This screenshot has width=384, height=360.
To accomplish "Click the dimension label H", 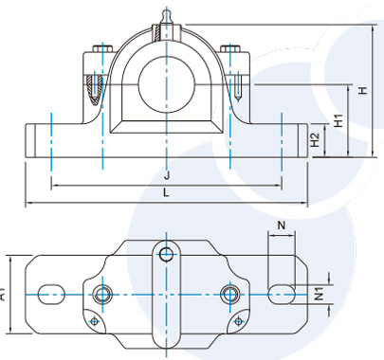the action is pyautogui.click(x=363, y=90).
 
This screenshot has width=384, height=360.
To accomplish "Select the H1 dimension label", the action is pyautogui.click(x=338, y=120).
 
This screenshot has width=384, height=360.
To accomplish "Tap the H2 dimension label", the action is pyautogui.click(x=315, y=140).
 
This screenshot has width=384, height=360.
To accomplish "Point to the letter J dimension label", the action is pyautogui.click(x=167, y=175).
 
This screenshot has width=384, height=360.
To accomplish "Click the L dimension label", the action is pyautogui.click(x=166, y=193).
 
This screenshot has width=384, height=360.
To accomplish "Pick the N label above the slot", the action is pyautogui.click(x=282, y=225).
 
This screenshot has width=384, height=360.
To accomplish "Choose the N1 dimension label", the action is pyautogui.click(x=320, y=294).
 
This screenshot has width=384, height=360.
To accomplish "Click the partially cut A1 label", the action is pyautogui.click(x=3, y=296).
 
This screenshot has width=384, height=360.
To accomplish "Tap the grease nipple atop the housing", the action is pyautogui.click(x=166, y=18).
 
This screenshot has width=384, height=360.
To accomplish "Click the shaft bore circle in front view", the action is pyautogui.click(x=166, y=84).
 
